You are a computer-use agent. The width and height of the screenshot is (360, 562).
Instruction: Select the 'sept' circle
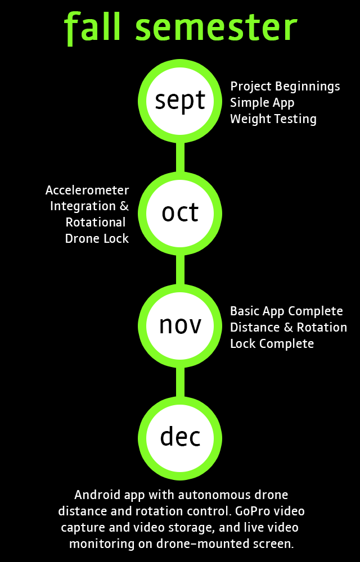[181, 101]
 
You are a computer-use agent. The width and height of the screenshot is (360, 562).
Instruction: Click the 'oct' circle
[181, 213]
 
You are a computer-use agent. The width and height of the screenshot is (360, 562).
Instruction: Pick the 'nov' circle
[181, 325]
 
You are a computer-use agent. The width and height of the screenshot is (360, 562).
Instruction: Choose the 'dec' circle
[181, 437]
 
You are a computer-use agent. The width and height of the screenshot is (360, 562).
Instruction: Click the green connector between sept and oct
[181, 157]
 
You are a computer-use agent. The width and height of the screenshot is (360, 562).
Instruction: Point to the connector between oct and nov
[181, 269]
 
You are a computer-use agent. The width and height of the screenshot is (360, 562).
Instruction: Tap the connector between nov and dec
[181, 381]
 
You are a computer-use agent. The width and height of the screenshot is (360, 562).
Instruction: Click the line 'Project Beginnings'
[285, 87]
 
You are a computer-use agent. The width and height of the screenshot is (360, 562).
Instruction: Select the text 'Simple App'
[262, 103]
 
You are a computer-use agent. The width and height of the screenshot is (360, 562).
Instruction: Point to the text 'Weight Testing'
[273, 119]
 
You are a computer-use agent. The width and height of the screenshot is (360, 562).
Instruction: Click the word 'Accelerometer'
[87, 190]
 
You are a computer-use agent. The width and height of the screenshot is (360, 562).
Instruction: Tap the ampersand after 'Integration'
[124, 206]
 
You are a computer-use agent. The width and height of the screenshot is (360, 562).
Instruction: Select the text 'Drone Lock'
[97, 239]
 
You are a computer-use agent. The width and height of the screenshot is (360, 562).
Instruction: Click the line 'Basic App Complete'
[286, 311]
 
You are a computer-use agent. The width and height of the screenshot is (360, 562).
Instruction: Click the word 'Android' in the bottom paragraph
[96, 495]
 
